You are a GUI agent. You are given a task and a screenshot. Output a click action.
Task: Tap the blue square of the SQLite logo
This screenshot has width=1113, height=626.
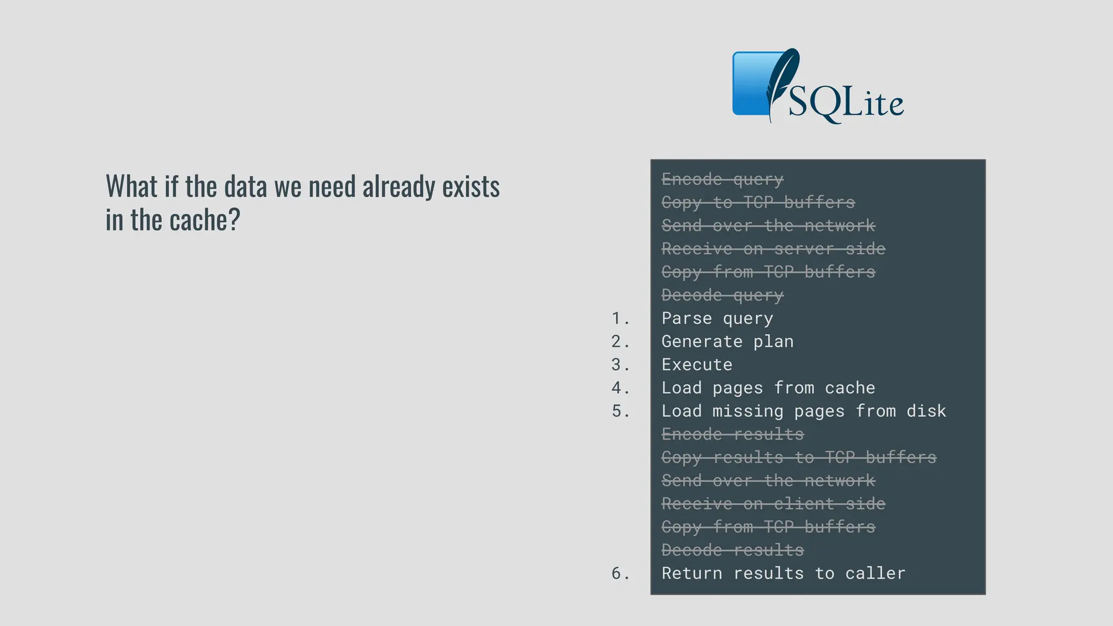[750, 84]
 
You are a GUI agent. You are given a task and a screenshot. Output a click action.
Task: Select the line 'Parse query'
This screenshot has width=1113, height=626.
[717, 318]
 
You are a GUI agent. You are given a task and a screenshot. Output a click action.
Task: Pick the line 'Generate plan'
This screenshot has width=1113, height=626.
[727, 342]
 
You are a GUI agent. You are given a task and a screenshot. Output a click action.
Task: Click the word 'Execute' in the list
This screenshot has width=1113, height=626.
[697, 365]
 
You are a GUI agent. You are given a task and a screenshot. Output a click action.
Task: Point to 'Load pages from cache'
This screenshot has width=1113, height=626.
[768, 388]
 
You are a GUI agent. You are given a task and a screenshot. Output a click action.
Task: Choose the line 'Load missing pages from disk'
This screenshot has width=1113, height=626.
[803, 411]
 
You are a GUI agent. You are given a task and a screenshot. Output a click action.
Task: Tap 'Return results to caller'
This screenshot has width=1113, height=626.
[783, 573]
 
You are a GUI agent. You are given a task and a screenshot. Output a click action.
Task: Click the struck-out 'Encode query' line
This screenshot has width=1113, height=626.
[722, 179]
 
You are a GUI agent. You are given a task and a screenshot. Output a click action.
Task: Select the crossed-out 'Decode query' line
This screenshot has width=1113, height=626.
[722, 296]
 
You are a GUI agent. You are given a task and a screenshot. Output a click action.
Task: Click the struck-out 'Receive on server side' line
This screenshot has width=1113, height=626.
[773, 249]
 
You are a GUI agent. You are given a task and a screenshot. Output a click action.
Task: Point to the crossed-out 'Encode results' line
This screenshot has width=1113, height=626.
[732, 435]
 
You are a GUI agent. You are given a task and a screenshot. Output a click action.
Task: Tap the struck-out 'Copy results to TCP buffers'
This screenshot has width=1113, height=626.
[798, 458]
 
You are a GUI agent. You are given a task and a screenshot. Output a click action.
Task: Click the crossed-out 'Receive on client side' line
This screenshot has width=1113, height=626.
[773, 504]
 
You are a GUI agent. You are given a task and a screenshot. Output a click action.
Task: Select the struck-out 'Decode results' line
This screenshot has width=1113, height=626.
[732, 550]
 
